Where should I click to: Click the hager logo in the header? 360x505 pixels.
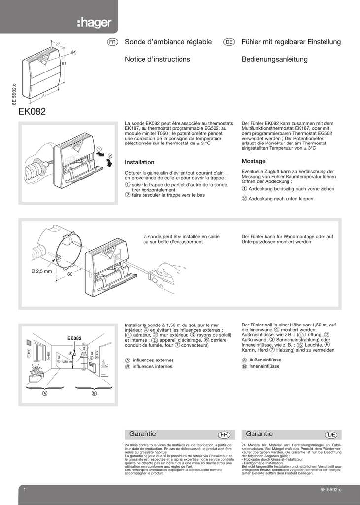(94, 23)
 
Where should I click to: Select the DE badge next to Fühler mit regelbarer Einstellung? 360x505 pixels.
(229, 43)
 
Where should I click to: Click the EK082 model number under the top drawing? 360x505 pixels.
(32, 112)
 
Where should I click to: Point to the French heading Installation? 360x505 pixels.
(140, 162)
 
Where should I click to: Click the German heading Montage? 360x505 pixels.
(253, 161)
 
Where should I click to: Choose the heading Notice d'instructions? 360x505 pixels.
(157, 59)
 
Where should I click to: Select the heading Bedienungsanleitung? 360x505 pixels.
(274, 59)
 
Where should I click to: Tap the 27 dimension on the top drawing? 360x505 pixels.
(57, 45)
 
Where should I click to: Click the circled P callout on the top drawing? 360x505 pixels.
(74, 52)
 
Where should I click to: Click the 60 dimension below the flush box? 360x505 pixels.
(70, 274)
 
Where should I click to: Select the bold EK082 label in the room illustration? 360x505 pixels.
(74, 338)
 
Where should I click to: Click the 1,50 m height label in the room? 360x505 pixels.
(66, 361)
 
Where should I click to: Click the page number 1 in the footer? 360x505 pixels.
(24, 489)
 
